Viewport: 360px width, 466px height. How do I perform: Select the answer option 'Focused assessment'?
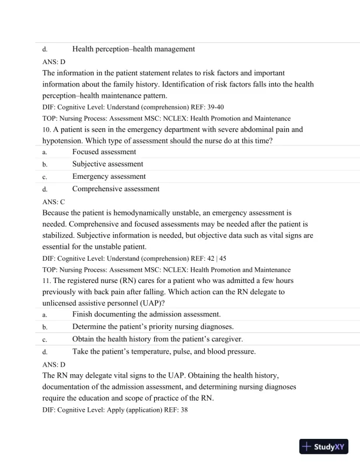pos(104,152)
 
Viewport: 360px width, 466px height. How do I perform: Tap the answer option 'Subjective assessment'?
pos(108,164)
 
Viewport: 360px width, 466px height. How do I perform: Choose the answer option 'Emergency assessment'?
pos(109,177)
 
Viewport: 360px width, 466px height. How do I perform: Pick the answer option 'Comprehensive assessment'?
pos(116,189)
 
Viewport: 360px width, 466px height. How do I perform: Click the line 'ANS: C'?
pos(54,201)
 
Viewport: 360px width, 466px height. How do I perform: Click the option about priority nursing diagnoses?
pos(153,327)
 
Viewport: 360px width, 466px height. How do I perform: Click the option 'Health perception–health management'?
pos(134,49)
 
